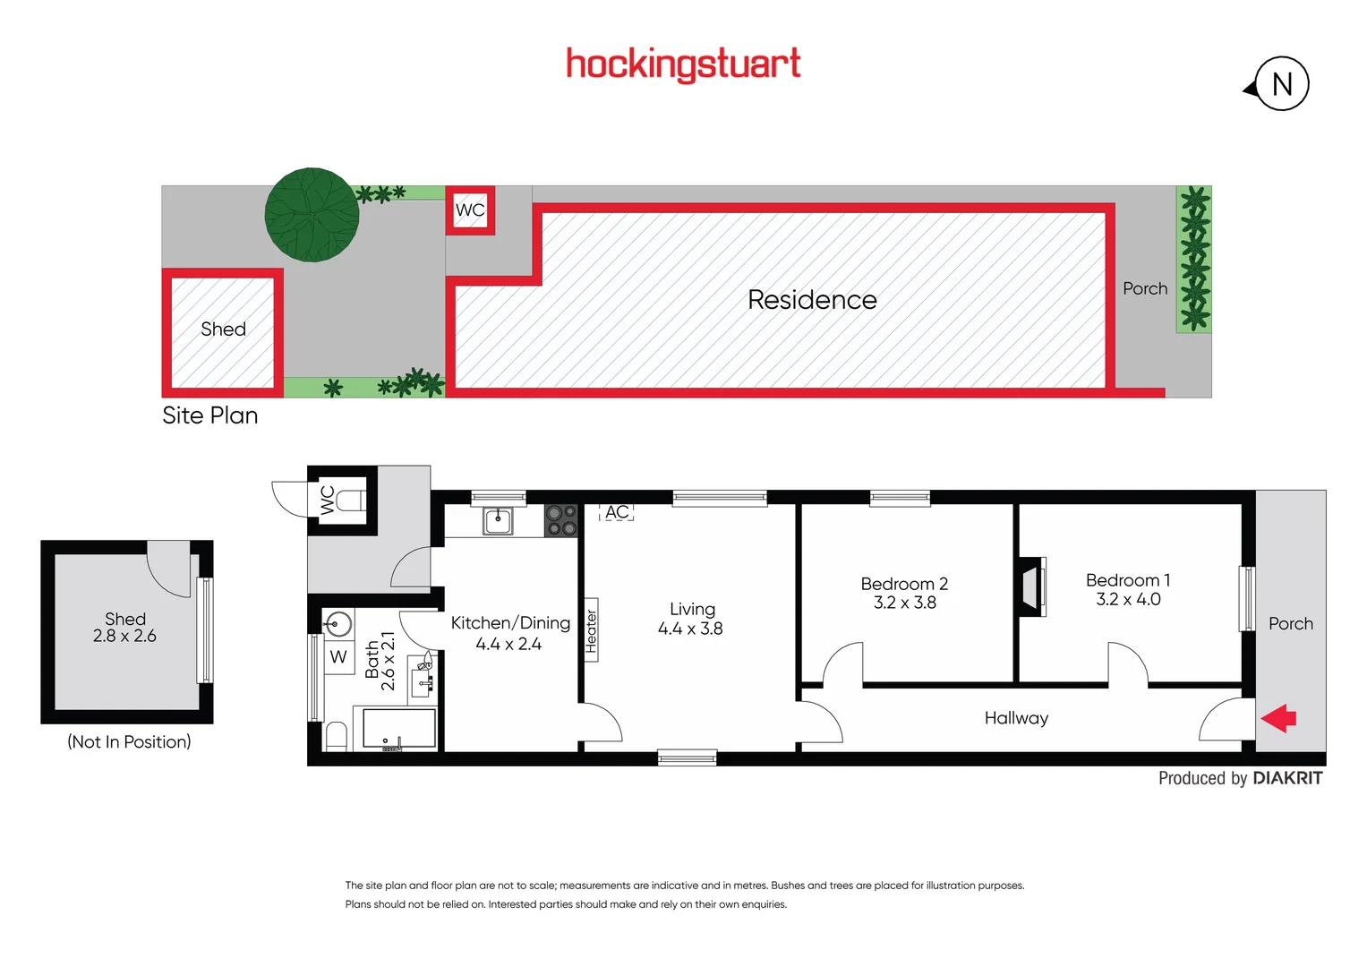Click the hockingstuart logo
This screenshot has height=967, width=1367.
tap(683, 64)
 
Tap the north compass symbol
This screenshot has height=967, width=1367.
tap(1281, 84)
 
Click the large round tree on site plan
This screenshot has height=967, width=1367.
tap(312, 215)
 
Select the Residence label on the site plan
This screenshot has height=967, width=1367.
tap(812, 300)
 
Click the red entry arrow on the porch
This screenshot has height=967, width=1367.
tap(1279, 718)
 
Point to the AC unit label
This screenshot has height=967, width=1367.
tap(617, 512)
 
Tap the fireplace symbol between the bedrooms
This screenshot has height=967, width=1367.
tap(1032, 586)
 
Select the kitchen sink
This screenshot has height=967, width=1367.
tap(498, 519)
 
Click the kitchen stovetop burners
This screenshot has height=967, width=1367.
tap(561, 520)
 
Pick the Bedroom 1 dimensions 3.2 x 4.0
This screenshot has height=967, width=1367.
tap(1128, 600)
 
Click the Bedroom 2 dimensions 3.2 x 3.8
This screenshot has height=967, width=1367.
tap(904, 603)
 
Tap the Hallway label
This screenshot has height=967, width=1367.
tap(1016, 718)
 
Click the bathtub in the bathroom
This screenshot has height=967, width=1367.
tap(399, 728)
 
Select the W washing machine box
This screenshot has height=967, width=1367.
tap(338, 656)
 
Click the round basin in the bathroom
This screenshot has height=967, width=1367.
tap(338, 622)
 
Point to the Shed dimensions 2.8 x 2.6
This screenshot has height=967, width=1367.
tap(124, 637)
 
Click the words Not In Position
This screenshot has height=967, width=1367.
tap(129, 741)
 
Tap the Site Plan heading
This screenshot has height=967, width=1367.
tap(209, 415)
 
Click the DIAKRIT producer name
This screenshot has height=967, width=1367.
tap(1287, 778)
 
